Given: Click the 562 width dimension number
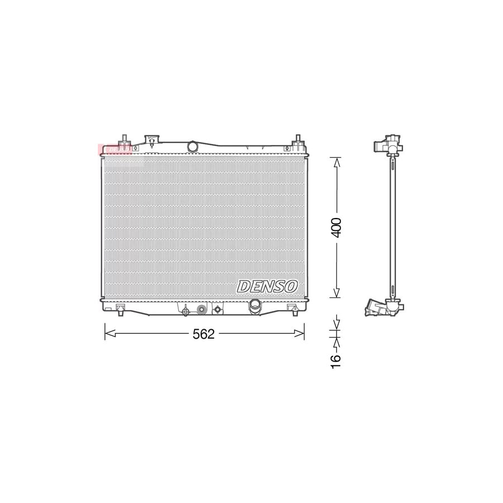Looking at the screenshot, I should [x=203, y=334].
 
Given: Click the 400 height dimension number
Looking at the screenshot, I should [x=336, y=227].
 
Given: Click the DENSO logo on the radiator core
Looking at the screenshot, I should [x=268, y=286].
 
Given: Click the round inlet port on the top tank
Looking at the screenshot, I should [x=193, y=146].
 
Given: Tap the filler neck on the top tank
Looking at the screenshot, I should [x=152, y=140].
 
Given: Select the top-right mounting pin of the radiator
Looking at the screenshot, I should [x=297, y=140].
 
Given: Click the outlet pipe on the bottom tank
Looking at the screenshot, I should [x=255, y=306].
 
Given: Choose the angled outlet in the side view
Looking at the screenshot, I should [x=376, y=307].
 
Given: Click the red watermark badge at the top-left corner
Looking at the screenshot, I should [x=114, y=149].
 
